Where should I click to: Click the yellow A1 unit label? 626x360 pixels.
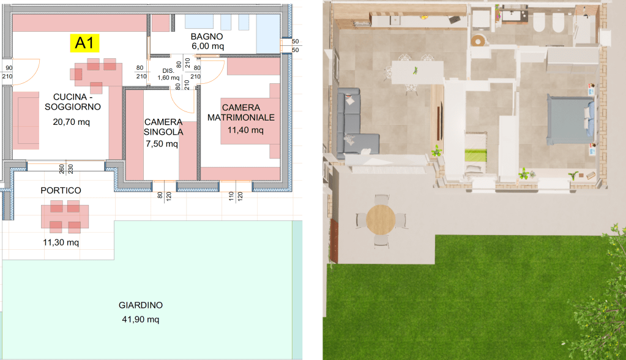click(x=84, y=43)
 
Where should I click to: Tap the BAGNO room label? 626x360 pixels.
click(x=207, y=36)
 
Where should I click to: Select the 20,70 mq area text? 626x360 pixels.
click(x=72, y=122)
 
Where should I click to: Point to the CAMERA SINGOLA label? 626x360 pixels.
click(x=163, y=127)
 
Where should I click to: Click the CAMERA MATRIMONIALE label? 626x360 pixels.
click(x=241, y=112)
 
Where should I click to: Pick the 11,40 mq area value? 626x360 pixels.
click(x=245, y=130)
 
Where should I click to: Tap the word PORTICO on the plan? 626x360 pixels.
click(x=61, y=190)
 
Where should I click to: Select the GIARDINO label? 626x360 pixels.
click(x=141, y=305)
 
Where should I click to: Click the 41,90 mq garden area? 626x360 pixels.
click(x=141, y=319)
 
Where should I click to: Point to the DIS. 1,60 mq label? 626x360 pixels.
click(x=168, y=74)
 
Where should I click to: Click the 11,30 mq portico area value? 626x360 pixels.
click(x=61, y=242)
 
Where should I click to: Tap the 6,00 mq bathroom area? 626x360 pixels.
click(x=207, y=46)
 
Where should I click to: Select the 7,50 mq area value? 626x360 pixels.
click(x=162, y=143)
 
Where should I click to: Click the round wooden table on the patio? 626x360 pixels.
click(x=381, y=219)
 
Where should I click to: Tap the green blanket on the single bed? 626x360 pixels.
click(x=475, y=155)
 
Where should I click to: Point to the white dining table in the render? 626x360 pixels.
click(x=417, y=72)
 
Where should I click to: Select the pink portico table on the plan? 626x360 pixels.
click(x=65, y=216)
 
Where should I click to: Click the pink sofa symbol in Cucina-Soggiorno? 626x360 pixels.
click(x=26, y=120)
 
